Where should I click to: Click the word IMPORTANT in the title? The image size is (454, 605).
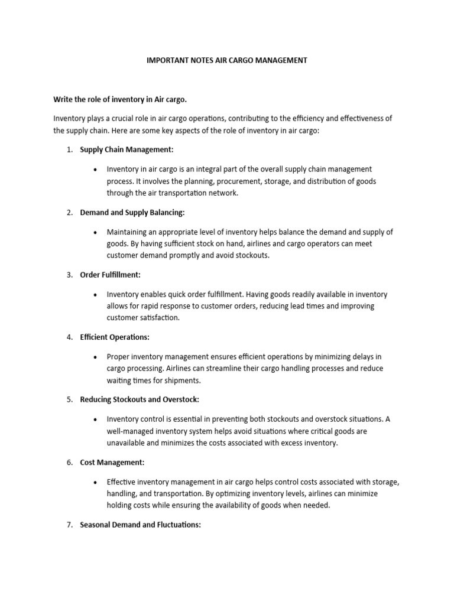coord(167,61)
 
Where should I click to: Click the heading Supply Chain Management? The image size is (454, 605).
coord(127,149)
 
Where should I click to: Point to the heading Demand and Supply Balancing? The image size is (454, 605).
coord(132,212)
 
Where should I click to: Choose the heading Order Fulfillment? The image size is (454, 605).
coord(111,275)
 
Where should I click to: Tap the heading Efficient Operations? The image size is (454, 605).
coord(115,337)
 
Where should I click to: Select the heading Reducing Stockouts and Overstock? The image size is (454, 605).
coord(140,399)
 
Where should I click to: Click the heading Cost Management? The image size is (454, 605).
coord(112,462)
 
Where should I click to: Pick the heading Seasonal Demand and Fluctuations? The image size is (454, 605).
coord(141,525)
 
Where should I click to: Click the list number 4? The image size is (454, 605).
coord(69,337)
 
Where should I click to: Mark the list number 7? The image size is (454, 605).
coord(69,525)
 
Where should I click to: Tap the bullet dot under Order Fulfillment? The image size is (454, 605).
coord(96,294)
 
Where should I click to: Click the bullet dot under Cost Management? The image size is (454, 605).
coord(96,482)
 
